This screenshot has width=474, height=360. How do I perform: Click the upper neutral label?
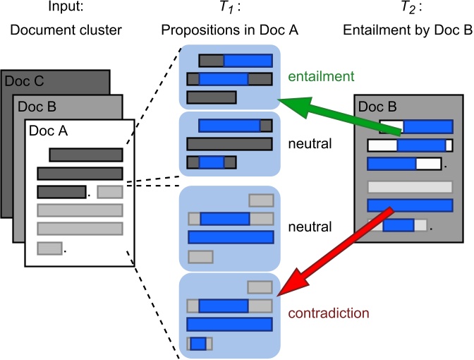pos(310,144)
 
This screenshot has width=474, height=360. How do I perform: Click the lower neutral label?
pos(310,227)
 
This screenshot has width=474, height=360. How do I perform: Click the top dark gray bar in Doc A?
pos(85,155)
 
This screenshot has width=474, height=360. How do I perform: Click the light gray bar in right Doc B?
pos(410,187)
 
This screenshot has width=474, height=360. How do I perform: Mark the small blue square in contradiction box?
pos(198,343)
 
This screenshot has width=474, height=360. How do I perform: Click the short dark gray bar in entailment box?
pos(212,97)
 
